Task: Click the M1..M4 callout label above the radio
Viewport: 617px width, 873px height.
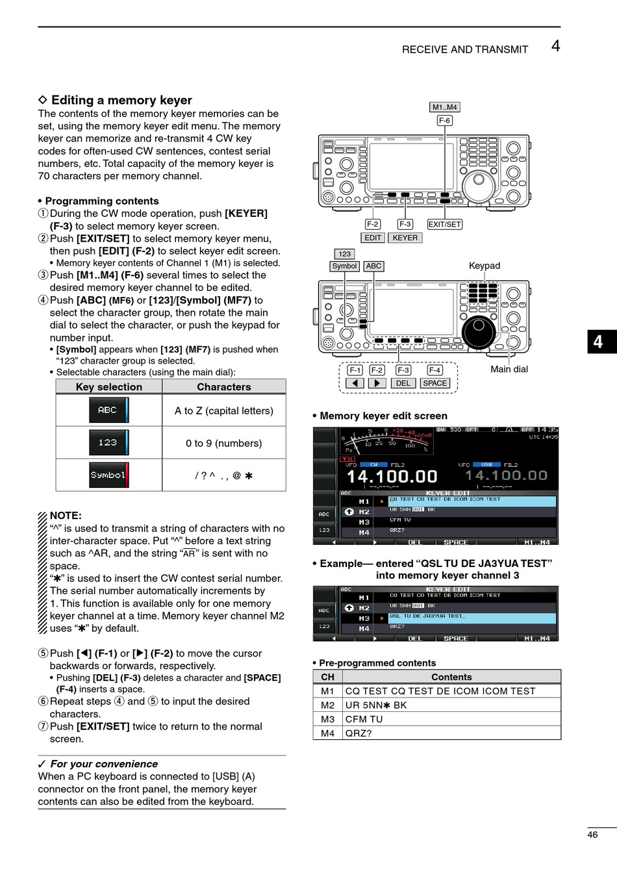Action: point(445,107)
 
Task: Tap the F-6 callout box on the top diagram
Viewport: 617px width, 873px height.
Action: point(444,120)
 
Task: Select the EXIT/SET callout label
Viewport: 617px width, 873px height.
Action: point(444,224)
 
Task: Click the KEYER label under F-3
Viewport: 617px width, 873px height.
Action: point(405,238)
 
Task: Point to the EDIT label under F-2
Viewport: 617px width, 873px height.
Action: point(373,238)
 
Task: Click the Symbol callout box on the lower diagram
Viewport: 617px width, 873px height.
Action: point(344,266)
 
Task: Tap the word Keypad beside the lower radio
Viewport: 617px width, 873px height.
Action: point(485,266)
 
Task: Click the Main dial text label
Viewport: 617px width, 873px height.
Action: point(509,369)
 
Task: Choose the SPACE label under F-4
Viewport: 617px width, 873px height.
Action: point(434,383)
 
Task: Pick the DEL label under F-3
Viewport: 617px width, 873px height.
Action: point(403,383)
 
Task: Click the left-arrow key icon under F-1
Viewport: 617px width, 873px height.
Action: point(355,383)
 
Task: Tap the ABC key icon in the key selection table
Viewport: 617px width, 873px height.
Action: point(108,410)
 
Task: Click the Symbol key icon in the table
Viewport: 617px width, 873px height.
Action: point(108,475)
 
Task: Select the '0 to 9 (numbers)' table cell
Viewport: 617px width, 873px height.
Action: point(223,443)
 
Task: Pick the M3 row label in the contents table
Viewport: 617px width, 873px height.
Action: point(327,719)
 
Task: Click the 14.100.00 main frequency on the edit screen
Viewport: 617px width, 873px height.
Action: point(392,476)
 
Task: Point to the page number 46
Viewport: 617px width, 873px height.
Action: point(592,835)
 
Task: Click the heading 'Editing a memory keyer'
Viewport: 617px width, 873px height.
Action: point(121,100)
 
